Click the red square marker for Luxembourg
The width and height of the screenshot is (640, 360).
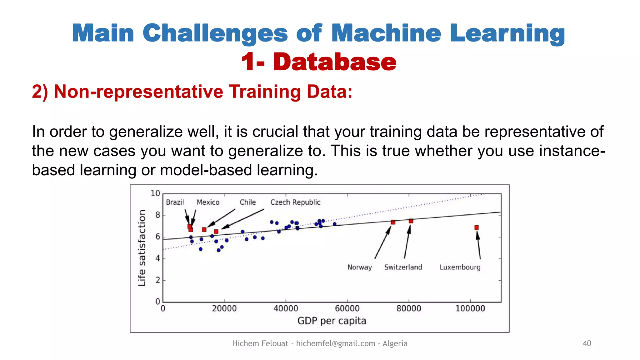pyautogui.click(x=476, y=227)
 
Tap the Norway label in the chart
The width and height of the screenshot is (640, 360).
pyautogui.click(x=359, y=267)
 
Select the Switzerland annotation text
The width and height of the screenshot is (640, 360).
pyautogui.click(x=403, y=267)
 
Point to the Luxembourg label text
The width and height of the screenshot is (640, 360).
pyautogui.click(x=460, y=267)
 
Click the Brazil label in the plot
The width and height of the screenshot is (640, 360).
pyautogui.click(x=175, y=202)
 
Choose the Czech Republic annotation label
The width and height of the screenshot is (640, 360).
pyautogui.click(x=295, y=202)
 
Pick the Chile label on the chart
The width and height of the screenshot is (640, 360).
pyautogui.click(x=247, y=202)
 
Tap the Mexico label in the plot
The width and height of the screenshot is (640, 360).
pyautogui.click(x=208, y=202)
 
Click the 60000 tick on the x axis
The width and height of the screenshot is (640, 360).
pyautogui.click(x=347, y=308)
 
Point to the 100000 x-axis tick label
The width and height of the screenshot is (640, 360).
pyautogui.click(x=470, y=308)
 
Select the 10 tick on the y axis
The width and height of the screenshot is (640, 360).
pyautogui.click(x=155, y=193)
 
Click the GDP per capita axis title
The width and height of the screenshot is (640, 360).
pyautogui.click(x=332, y=321)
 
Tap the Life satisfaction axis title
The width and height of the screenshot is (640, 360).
pyautogui.click(x=142, y=248)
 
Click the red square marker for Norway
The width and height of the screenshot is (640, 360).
pyautogui.click(x=393, y=222)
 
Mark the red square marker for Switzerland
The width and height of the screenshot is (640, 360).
pyautogui.click(x=411, y=221)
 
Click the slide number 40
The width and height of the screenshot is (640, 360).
pyautogui.click(x=587, y=343)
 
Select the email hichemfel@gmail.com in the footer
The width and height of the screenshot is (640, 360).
pyautogui.click(x=335, y=343)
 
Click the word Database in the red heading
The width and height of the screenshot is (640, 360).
pyautogui.click(x=335, y=62)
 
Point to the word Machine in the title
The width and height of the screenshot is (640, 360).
pyautogui.click(x=386, y=33)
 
